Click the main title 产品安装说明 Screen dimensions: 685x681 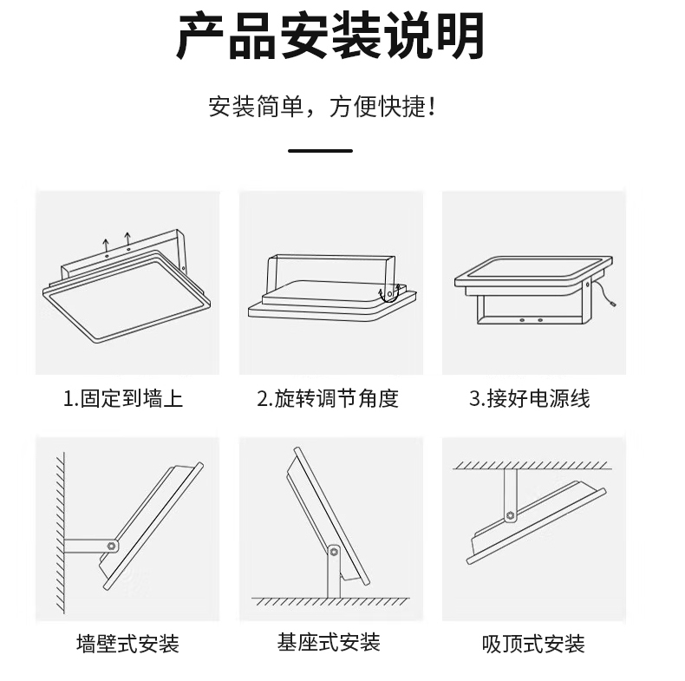330,36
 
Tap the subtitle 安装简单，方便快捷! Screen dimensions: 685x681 322,107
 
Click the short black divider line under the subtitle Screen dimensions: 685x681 320,151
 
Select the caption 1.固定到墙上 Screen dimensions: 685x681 123,399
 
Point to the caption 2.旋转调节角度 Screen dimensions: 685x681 328,399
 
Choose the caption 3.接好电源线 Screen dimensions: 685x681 530,399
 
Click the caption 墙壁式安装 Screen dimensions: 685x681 127,644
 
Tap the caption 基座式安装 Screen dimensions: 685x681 329,642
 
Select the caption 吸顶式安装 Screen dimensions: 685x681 533,644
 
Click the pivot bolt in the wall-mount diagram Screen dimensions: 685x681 112,546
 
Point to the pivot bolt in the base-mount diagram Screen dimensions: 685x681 334,552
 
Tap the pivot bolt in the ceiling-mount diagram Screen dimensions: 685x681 510,515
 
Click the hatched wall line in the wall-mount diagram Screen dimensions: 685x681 61,533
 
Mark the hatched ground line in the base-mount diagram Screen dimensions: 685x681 330,601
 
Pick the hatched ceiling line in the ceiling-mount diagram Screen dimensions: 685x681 532,465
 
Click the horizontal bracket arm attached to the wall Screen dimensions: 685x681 88,547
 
